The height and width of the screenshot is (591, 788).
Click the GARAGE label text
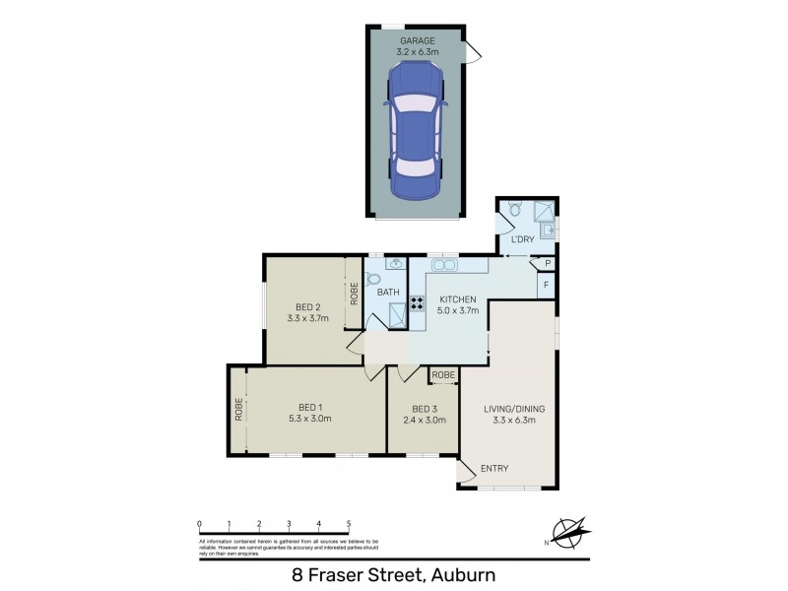pos(418,40)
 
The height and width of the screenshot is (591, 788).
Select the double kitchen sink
pos(444,265)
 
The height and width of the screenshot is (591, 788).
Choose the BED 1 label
pos(315,407)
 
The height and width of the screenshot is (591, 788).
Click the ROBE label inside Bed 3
pos(443,375)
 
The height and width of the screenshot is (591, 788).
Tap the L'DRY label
pos(521,238)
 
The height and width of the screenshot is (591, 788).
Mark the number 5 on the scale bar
pos(348,524)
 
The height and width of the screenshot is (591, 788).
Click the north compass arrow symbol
pos(570,532)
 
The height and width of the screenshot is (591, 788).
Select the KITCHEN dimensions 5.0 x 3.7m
pos(457,311)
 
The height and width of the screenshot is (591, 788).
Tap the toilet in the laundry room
pos(514,210)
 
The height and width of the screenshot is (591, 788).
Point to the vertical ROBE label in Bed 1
pos(238,409)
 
